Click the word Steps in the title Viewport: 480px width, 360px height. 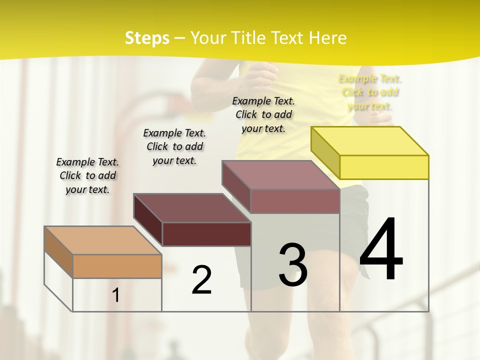coord(147,38)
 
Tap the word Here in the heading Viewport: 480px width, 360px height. coord(327,38)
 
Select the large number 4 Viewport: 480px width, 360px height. coord(381,250)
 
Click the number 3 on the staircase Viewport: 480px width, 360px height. coord(293,265)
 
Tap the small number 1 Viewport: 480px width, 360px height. coord(116,295)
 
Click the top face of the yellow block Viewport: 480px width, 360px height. coord(370,140)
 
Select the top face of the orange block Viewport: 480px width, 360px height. coord(103,240)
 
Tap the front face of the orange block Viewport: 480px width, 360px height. coord(117,266)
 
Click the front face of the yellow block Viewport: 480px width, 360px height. coord(384,167)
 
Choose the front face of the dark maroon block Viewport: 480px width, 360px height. coord(206,234)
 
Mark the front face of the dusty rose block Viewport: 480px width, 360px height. coord(295,201)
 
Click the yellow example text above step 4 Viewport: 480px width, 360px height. coord(369,92)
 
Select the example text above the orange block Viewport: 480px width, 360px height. coord(87,175)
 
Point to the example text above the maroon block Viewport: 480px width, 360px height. coord(174,146)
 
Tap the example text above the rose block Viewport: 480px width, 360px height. coord(263,114)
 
